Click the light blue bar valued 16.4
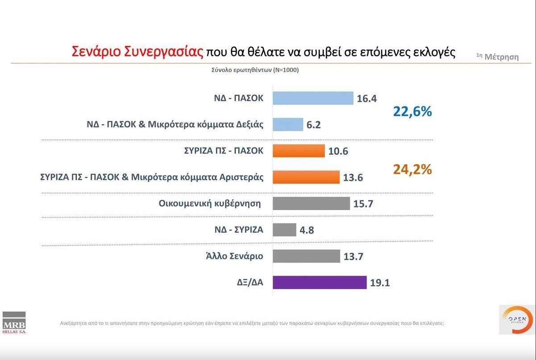point(313,98)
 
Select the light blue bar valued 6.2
point(288,124)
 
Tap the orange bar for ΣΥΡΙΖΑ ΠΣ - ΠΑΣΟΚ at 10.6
point(299,151)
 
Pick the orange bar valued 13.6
point(306,177)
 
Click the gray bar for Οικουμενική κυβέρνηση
point(311,203)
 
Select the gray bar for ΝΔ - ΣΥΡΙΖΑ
point(284,230)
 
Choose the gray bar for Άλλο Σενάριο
point(306,256)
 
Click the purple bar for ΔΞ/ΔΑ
point(320,282)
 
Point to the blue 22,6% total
point(412,112)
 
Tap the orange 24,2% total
point(412,170)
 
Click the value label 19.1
point(380,283)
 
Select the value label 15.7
point(363,204)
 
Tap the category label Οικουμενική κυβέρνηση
point(209,203)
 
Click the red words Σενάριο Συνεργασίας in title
point(137,52)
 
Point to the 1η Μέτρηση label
point(498,57)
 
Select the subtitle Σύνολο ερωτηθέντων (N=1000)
point(255,70)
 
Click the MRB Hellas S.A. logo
point(14,322)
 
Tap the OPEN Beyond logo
point(517,319)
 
